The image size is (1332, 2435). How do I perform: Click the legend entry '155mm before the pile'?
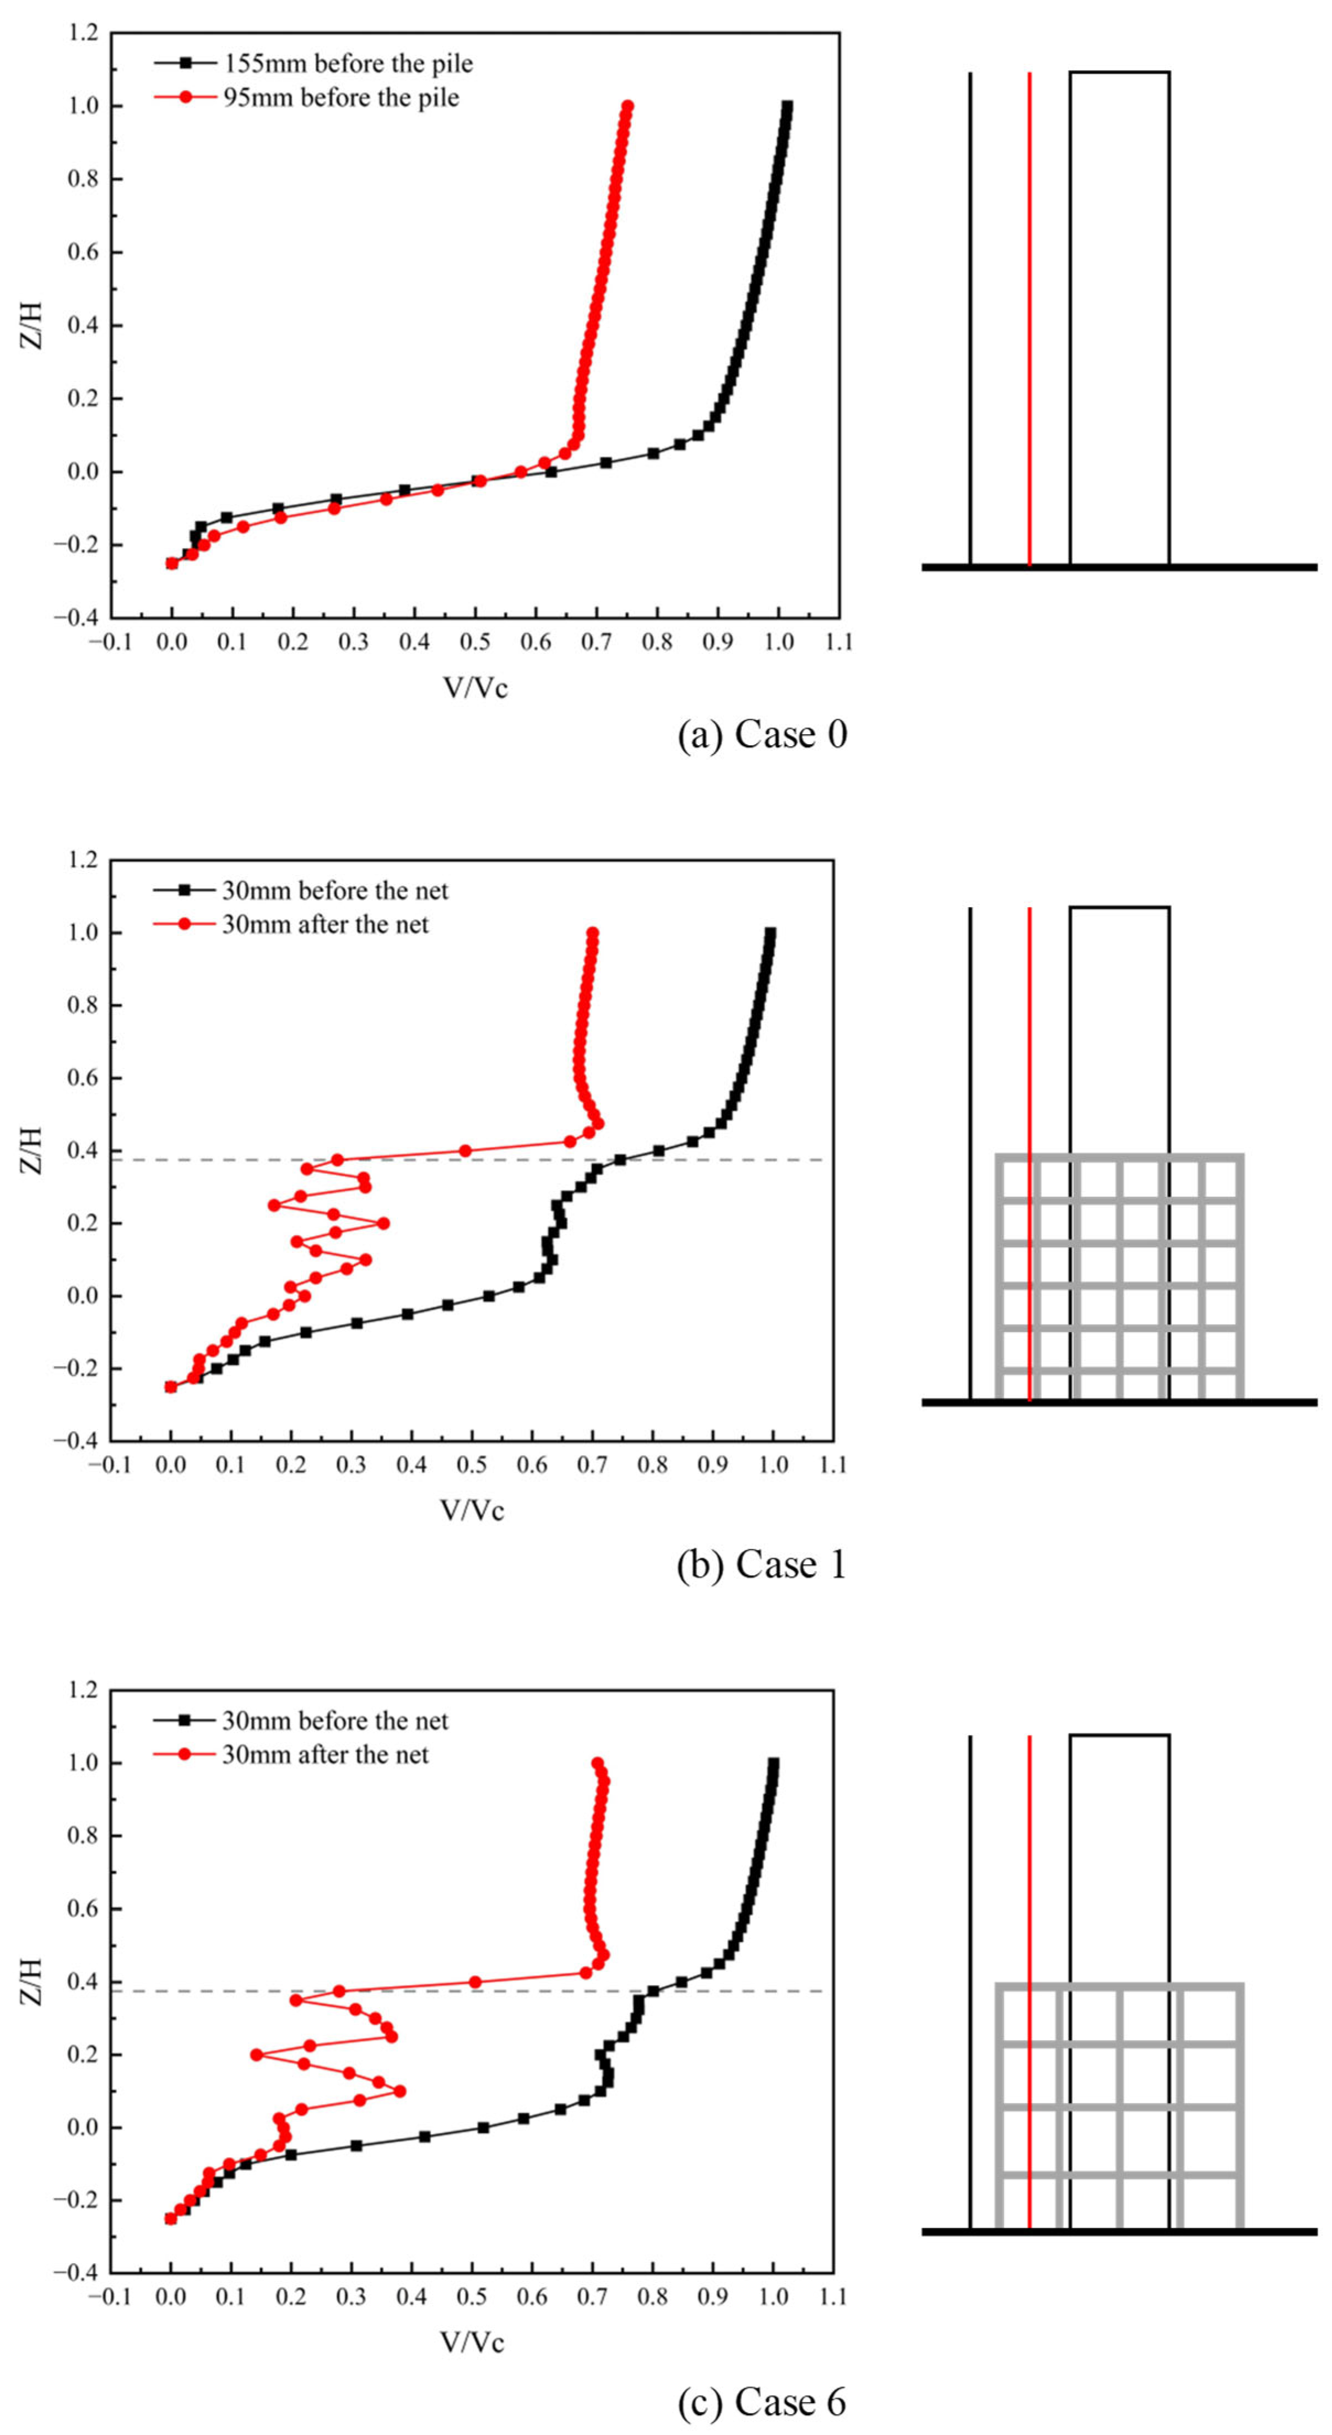click(347, 63)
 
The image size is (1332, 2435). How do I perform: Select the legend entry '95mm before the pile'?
click(340, 97)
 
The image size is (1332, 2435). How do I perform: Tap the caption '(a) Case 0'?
click(762, 735)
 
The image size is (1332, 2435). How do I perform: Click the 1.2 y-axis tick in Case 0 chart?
click(82, 33)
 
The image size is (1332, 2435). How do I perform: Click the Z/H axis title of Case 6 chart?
click(31, 1980)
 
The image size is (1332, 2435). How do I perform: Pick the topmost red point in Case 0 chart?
click(627, 107)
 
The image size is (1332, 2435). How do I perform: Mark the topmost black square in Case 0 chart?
click(787, 107)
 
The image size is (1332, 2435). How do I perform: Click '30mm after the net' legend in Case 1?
click(324, 924)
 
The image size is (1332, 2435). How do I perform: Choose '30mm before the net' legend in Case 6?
click(335, 1721)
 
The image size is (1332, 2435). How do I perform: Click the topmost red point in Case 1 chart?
click(592, 933)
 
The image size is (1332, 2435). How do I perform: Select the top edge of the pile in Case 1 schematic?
click(1119, 908)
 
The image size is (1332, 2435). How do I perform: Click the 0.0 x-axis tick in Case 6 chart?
click(171, 2297)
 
